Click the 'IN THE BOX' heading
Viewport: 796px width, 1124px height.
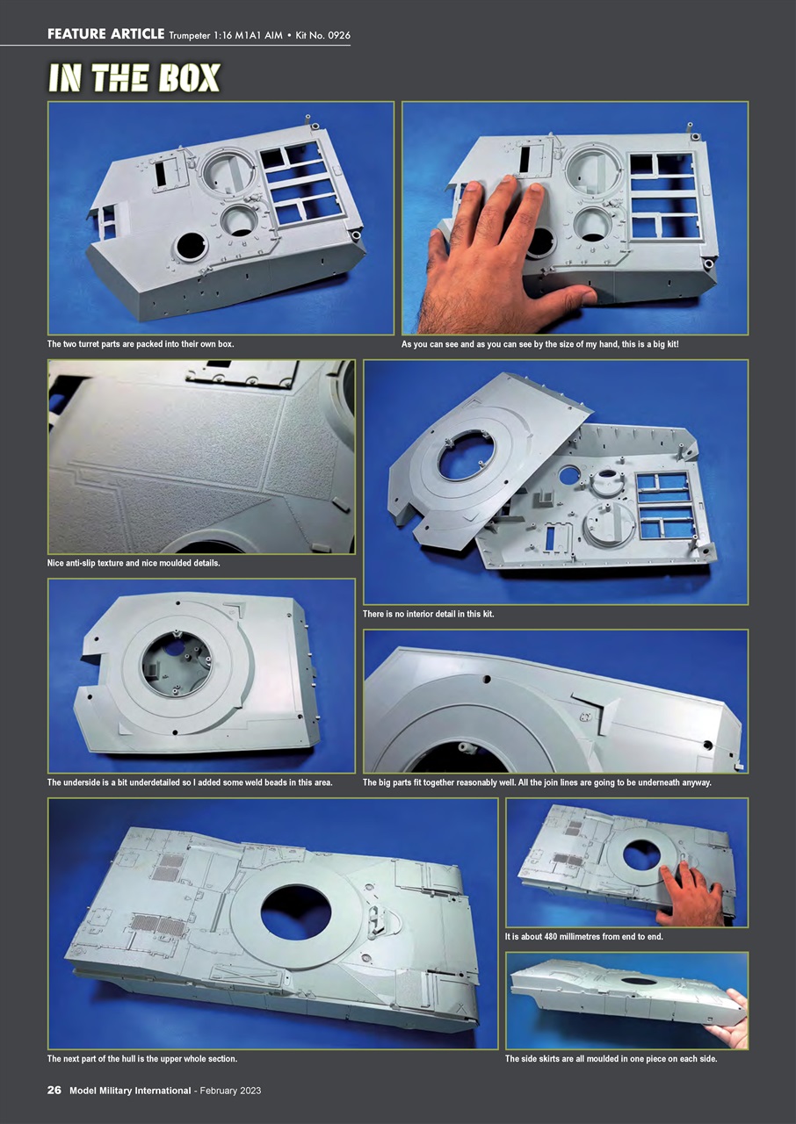[x=134, y=78]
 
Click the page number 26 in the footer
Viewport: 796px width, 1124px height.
[x=54, y=1091]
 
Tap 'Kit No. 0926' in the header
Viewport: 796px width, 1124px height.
[x=322, y=34]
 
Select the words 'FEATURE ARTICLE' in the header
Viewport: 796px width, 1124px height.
[x=105, y=34]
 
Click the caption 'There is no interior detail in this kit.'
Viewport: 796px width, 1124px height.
[x=428, y=614]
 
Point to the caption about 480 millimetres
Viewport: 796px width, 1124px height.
[x=583, y=937]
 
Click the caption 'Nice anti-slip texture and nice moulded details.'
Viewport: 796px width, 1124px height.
[x=134, y=563]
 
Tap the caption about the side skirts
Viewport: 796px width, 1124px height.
[x=611, y=1059]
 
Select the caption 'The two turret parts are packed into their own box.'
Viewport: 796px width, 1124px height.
[x=141, y=344]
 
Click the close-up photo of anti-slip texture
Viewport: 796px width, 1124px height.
[x=201, y=457]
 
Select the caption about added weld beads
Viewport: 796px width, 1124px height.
[x=190, y=782]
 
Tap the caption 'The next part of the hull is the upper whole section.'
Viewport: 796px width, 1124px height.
[x=141, y=1059]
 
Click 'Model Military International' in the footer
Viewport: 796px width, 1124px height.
[x=130, y=1091]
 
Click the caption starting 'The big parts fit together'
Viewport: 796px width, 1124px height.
[x=536, y=782]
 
